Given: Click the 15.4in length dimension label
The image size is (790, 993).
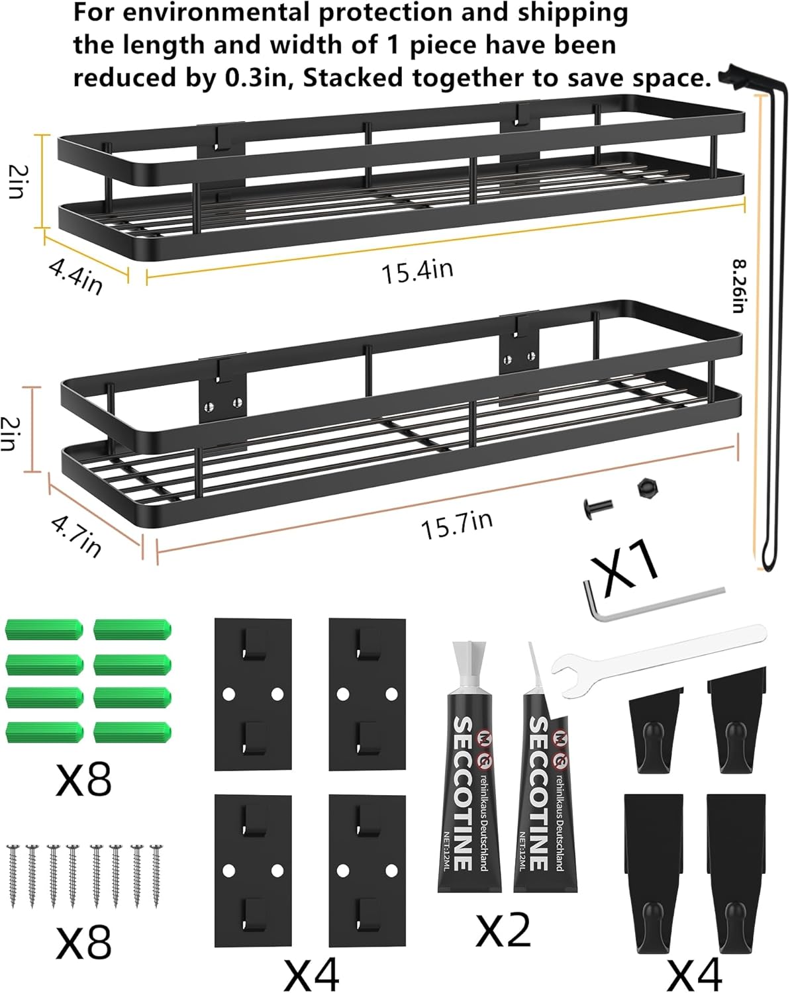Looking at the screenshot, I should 417,271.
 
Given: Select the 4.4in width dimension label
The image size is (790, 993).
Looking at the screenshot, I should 75,275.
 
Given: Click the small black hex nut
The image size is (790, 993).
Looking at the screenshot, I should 644,489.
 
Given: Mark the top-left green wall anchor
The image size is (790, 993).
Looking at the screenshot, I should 44,629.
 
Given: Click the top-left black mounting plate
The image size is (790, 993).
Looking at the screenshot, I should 253,694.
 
